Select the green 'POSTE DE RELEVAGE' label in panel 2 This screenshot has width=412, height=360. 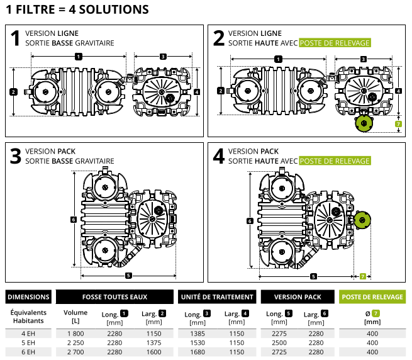click(335, 43)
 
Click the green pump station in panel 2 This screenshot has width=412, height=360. click(363, 123)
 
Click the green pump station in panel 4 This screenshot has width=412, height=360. click(361, 220)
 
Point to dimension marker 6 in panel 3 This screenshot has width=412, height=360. click(74, 220)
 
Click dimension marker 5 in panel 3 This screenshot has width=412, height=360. click(128, 275)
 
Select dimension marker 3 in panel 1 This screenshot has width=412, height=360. click(163, 57)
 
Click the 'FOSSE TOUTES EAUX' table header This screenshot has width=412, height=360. click(114, 297)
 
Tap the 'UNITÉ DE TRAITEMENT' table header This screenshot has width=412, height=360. click(217, 297)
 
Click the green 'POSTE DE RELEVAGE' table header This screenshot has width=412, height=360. click(372, 297)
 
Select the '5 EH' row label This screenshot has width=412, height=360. click(28, 342)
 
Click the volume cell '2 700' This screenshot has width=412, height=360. click(75, 352)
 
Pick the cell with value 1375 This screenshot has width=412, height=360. click(153, 342)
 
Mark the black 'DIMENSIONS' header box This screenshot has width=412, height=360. click(28, 297)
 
